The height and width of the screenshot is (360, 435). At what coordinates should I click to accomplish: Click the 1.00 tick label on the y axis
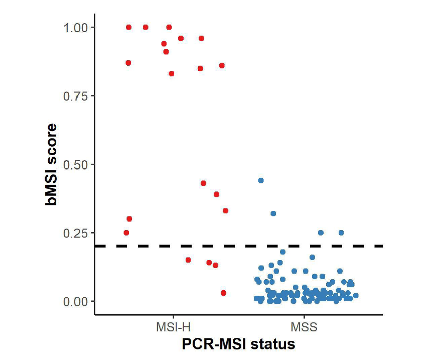coord(76,27)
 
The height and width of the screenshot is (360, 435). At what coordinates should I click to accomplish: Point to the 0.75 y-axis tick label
coord(76,96)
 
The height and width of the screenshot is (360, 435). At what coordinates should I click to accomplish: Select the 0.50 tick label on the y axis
coord(76,165)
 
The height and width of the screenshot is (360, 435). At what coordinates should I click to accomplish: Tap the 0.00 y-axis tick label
coord(76,301)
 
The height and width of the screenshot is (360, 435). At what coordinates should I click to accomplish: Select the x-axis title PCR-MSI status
coord(238,344)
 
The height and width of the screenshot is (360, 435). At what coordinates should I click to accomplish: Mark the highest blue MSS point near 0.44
coord(261,180)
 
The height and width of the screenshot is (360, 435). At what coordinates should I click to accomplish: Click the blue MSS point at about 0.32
coord(273,213)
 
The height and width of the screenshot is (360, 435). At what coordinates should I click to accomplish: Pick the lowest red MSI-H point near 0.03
coord(223,293)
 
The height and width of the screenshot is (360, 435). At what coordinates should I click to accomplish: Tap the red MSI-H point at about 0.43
coord(203,183)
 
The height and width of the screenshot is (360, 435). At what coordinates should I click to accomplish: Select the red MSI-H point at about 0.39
coord(216,194)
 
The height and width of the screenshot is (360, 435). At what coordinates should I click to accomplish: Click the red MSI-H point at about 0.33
coord(225,210)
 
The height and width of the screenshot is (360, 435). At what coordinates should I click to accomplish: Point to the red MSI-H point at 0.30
coord(129,219)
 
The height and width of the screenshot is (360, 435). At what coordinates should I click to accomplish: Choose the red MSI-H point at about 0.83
coord(171,74)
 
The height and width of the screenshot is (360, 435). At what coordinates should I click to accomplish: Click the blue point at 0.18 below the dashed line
coord(282,252)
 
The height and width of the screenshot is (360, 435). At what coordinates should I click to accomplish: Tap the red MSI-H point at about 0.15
coord(188,260)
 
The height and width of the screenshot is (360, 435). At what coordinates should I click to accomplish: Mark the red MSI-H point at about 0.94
coord(164,44)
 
